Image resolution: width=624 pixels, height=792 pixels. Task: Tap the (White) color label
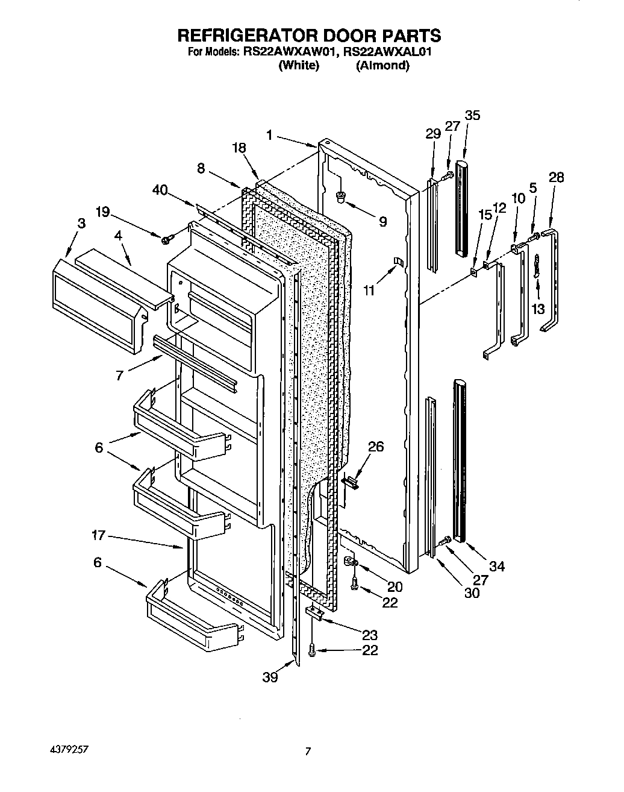pos(298,66)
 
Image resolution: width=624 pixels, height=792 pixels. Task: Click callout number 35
pos(472,115)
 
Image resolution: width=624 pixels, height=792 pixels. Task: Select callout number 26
pos(376,447)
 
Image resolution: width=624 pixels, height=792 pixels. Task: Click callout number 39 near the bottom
pos(270,678)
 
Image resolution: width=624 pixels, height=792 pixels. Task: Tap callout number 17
pos(99,534)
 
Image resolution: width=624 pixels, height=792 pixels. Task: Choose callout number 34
pos(497,566)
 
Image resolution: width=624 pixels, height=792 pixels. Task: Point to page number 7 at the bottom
pos(308,751)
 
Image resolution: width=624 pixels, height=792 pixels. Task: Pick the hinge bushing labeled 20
pos(351,562)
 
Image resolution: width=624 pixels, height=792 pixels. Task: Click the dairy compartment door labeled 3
pos(96,304)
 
